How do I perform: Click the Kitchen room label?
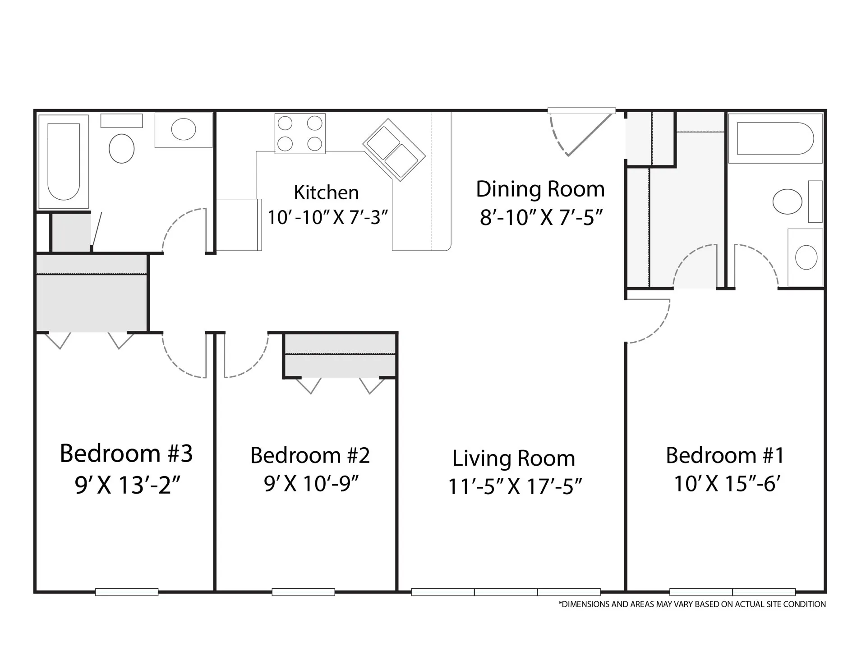(x=326, y=192)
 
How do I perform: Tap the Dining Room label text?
(x=540, y=189)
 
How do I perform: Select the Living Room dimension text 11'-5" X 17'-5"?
(x=515, y=487)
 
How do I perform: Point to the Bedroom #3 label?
(x=126, y=454)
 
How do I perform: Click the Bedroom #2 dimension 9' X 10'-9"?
(x=311, y=484)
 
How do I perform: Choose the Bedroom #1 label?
(x=725, y=455)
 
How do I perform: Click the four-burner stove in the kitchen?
(x=300, y=133)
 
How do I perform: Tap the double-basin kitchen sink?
(x=394, y=150)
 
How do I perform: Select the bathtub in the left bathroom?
(x=64, y=161)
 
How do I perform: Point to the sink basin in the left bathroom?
(x=184, y=129)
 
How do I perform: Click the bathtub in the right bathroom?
(x=775, y=138)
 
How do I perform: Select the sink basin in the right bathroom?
(x=806, y=258)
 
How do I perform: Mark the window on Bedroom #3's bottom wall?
(x=127, y=592)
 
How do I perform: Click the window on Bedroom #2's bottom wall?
(x=303, y=592)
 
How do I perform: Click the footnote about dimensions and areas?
(x=692, y=604)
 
